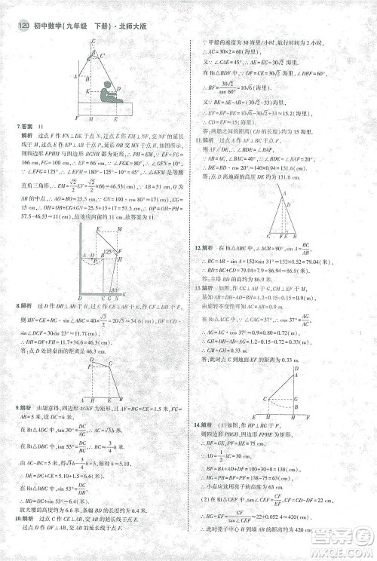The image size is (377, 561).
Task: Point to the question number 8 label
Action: point(17,307)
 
